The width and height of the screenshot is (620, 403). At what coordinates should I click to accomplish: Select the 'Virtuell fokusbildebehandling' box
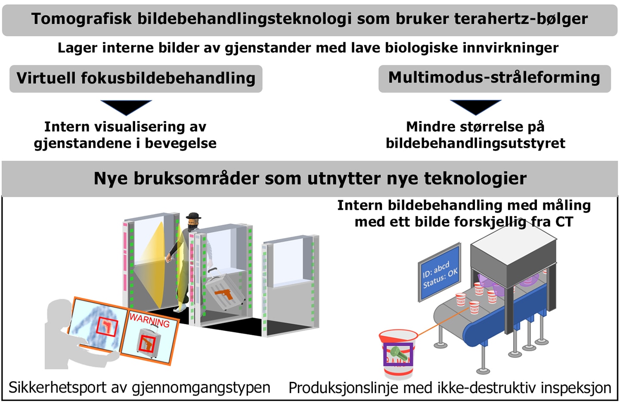136,79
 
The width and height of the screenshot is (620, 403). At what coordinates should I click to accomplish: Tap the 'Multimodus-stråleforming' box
495,79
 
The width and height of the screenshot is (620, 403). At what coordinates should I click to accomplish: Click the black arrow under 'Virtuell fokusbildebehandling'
126,107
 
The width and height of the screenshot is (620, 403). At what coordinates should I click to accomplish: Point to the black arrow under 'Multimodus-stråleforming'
476,107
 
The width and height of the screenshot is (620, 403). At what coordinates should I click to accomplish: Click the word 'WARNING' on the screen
149,320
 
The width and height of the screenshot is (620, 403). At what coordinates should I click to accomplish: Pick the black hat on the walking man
193,216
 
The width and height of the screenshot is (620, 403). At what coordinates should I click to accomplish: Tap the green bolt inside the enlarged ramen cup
398,354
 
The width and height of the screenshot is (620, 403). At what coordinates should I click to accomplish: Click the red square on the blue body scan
107,327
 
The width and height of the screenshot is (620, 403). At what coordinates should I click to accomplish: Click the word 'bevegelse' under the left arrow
180,143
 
